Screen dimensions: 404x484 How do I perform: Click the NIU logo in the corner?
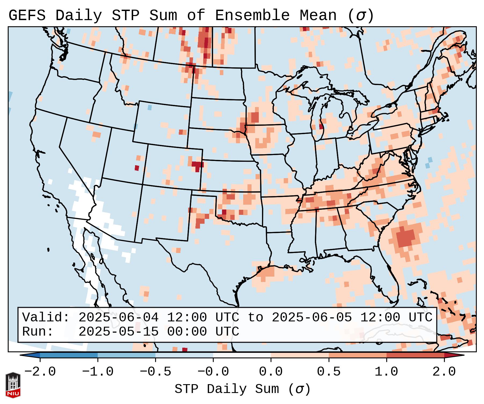pyautogui.click(x=13, y=385)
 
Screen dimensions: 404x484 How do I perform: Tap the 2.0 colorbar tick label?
pyautogui.click(x=444, y=372)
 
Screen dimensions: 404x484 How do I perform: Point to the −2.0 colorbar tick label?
pyautogui.click(x=40, y=372)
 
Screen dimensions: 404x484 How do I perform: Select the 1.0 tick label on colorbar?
pyautogui.click(x=386, y=372)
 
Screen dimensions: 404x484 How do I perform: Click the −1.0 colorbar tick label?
pyautogui.click(x=98, y=372)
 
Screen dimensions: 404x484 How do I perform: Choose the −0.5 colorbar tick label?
pyautogui.click(x=155, y=372)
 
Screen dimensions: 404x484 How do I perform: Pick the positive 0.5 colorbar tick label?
pyautogui.click(x=329, y=372)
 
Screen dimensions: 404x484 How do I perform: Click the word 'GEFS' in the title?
pyautogui.click(x=27, y=15)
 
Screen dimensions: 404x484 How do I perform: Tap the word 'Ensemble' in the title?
pyautogui.click(x=252, y=15)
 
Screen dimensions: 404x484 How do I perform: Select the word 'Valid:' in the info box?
pyautogui.click(x=46, y=318)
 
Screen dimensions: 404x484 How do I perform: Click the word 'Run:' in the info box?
pyautogui.click(x=38, y=332)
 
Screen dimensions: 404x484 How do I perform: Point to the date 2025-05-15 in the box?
pyautogui.click(x=118, y=332)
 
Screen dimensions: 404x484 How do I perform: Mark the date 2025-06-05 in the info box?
pyautogui.click(x=312, y=318)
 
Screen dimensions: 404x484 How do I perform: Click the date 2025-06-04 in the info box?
pyautogui.click(x=118, y=318)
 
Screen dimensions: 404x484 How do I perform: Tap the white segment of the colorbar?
pyautogui.click(x=242, y=355)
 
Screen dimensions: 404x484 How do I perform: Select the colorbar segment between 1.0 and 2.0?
pyautogui.click(x=415, y=355)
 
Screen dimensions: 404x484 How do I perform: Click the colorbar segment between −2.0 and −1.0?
pyautogui.click(x=69, y=355)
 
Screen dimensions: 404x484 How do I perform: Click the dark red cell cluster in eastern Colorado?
pyautogui.click(x=197, y=165)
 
